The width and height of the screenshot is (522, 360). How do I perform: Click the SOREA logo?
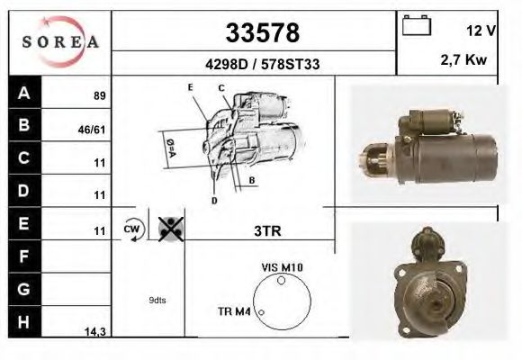(x=59, y=42)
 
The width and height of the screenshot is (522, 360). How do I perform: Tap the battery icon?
(x=417, y=26)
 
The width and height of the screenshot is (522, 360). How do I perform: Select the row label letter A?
(x=23, y=93)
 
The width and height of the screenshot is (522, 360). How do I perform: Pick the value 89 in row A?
(x=100, y=95)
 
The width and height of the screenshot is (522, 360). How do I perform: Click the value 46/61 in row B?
(x=94, y=129)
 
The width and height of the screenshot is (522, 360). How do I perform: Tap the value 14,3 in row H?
(x=95, y=332)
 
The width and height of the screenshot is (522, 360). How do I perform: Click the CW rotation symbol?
(x=133, y=229)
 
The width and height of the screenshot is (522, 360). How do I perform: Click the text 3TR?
(x=268, y=230)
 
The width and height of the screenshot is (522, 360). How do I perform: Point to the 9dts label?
(x=157, y=301)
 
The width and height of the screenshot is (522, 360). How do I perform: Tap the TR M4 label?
(x=234, y=311)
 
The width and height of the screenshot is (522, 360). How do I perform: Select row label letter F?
(x=23, y=256)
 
